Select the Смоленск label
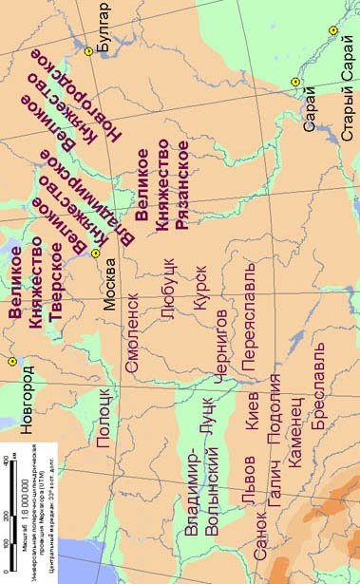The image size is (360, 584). click(x=134, y=347)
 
